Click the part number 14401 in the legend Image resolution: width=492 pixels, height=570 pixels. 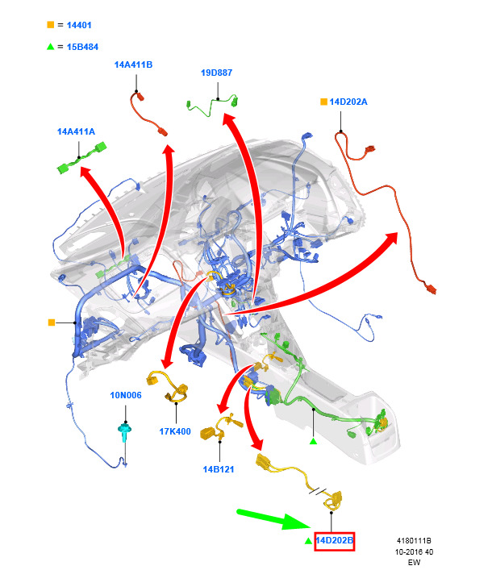79,25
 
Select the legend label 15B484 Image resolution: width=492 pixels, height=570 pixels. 82,47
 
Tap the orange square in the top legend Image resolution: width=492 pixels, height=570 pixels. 51,25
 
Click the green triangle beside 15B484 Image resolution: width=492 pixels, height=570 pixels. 51,47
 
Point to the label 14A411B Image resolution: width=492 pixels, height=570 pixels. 133,64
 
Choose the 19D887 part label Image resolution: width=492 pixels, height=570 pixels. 216,73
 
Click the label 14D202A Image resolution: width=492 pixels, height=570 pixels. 348,102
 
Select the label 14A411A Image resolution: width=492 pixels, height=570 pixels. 76,131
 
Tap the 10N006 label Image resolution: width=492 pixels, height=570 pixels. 126,395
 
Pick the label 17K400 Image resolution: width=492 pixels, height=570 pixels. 175,431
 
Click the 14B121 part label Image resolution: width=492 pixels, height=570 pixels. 219,469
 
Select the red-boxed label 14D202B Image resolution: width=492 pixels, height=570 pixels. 334,540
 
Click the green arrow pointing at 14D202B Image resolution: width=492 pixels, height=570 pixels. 273,519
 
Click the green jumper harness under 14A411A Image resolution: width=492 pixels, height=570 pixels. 81,158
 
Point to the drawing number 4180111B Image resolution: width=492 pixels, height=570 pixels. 414,541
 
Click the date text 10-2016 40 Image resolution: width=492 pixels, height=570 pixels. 414,551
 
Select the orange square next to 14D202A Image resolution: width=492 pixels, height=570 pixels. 323,102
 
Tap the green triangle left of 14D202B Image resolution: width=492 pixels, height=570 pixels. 308,541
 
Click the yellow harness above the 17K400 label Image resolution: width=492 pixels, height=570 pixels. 168,386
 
